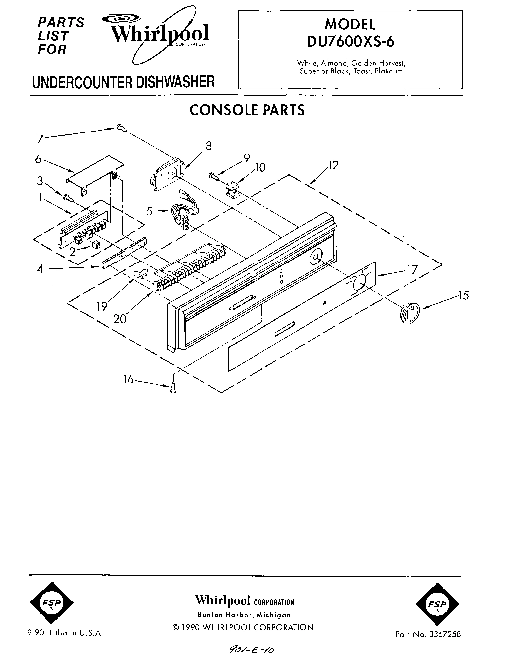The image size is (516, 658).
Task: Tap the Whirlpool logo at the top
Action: [158, 34]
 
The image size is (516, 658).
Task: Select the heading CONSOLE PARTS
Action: [247, 110]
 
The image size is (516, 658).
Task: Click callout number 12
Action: [333, 166]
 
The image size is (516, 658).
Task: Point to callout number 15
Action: [463, 296]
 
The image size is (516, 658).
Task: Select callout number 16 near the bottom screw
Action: [129, 380]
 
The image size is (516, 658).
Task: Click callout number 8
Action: [208, 146]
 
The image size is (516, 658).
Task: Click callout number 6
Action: [37, 159]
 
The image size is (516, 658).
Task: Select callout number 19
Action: [102, 306]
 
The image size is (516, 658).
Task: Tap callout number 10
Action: [260, 167]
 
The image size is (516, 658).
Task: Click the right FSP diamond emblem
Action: [436, 604]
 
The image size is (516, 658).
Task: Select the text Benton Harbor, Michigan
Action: [244, 615]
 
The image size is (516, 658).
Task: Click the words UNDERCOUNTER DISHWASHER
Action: [123, 82]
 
